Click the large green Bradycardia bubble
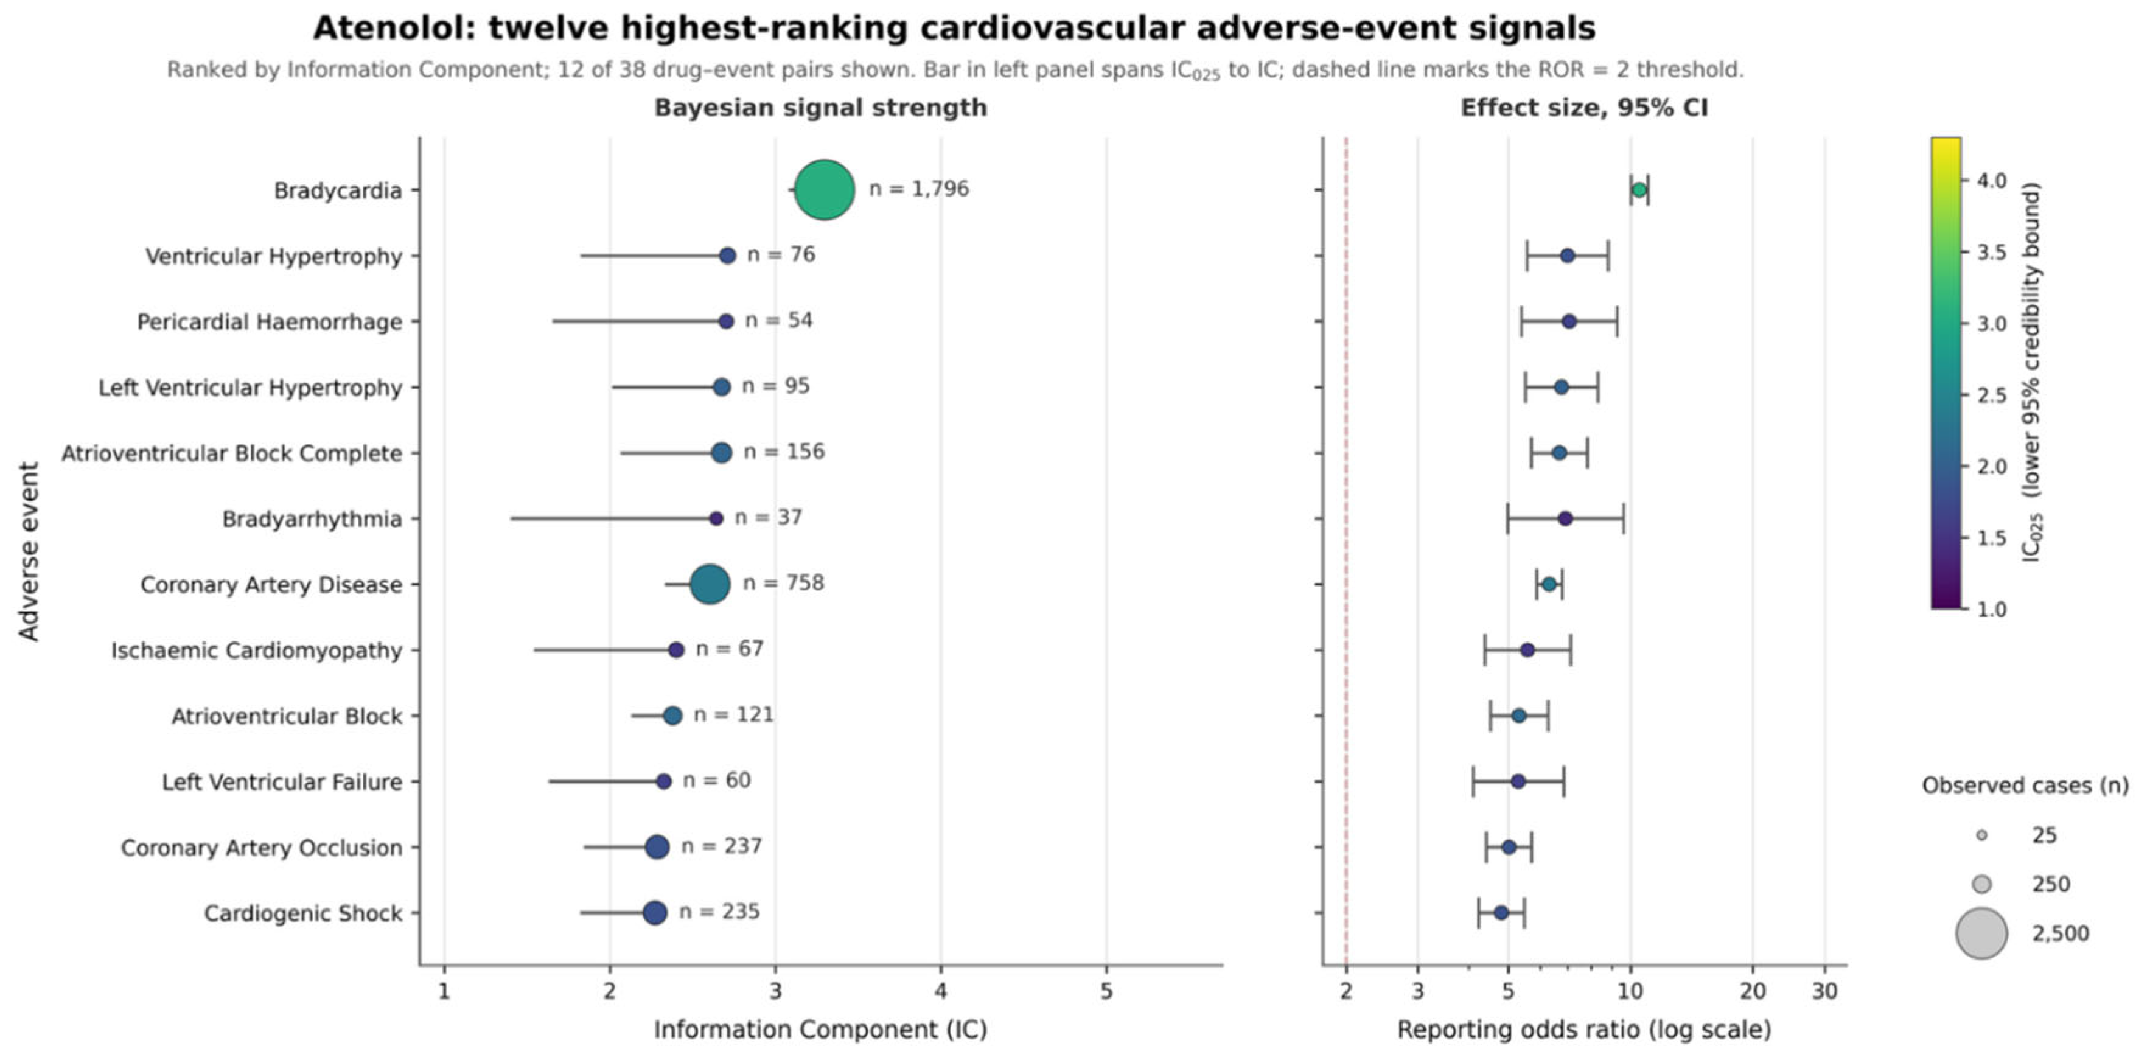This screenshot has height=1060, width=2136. click(x=824, y=190)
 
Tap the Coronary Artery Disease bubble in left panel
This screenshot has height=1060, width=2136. click(x=710, y=584)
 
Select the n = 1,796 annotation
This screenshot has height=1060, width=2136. click(x=919, y=189)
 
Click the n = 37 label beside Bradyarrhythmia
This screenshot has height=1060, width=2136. click(x=768, y=518)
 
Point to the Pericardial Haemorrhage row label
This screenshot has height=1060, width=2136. click(x=270, y=322)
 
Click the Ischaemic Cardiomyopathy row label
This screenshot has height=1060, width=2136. click(x=256, y=650)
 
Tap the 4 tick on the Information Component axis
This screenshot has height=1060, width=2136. click(x=940, y=991)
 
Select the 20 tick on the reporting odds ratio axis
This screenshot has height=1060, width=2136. click(x=1752, y=991)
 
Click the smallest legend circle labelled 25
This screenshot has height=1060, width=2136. click(x=1982, y=835)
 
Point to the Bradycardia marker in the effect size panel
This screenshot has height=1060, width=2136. click(x=1638, y=190)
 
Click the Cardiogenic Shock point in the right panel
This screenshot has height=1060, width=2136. click(x=1501, y=912)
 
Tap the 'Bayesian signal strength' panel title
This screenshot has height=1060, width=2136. click(x=821, y=108)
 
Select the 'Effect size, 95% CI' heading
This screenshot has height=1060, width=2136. click(x=1584, y=108)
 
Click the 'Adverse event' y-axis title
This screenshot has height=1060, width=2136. click(x=29, y=551)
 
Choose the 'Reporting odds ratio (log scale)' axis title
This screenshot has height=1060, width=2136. click(x=1584, y=1030)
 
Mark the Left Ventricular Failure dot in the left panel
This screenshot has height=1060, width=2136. click(x=663, y=781)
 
